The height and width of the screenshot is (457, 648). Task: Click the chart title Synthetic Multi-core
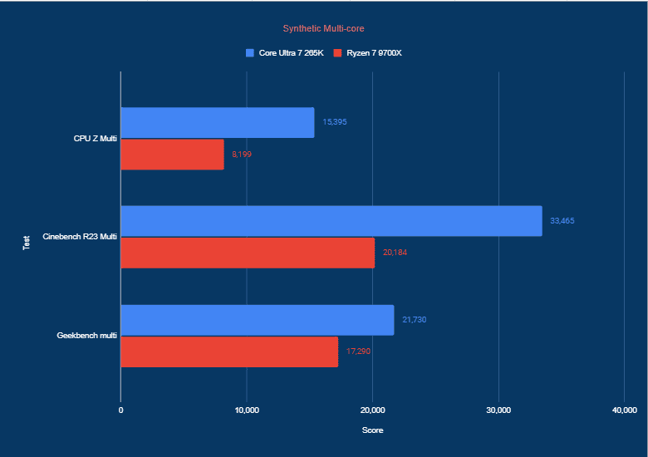(x=323, y=28)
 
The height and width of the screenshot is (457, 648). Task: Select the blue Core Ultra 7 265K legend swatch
(x=249, y=53)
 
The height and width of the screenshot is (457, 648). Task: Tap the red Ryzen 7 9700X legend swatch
(x=337, y=53)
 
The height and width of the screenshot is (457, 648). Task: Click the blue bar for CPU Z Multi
(x=218, y=122)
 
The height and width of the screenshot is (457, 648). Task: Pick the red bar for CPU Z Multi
(x=173, y=154)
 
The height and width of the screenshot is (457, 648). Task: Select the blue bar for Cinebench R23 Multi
(x=331, y=221)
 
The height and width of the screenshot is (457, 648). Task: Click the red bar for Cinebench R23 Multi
(x=248, y=253)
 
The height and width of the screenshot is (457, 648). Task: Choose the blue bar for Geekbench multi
(x=258, y=320)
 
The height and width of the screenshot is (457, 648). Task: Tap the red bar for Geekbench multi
(x=229, y=351)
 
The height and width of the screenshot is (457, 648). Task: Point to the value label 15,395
(x=335, y=122)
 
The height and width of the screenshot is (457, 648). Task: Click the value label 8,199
(x=243, y=154)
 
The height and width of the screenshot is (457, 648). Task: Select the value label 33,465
(x=562, y=221)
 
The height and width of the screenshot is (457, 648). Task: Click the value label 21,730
(x=415, y=320)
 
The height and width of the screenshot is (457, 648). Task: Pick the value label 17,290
(x=359, y=351)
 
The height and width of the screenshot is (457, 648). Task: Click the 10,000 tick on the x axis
(x=247, y=410)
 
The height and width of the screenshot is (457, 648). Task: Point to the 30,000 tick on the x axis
(x=498, y=410)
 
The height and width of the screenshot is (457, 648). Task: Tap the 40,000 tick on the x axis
(x=623, y=410)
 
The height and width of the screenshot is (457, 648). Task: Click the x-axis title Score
(x=372, y=430)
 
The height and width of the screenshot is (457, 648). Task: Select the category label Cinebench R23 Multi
(x=80, y=237)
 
